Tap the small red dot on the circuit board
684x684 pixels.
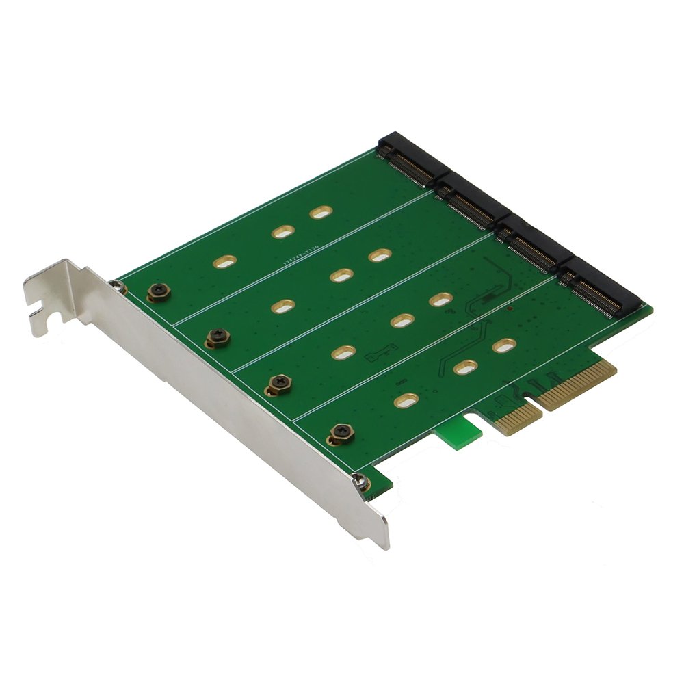510,309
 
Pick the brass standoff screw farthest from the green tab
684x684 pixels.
158,293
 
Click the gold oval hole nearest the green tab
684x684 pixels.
406,399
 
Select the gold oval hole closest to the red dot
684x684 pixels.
504,345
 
